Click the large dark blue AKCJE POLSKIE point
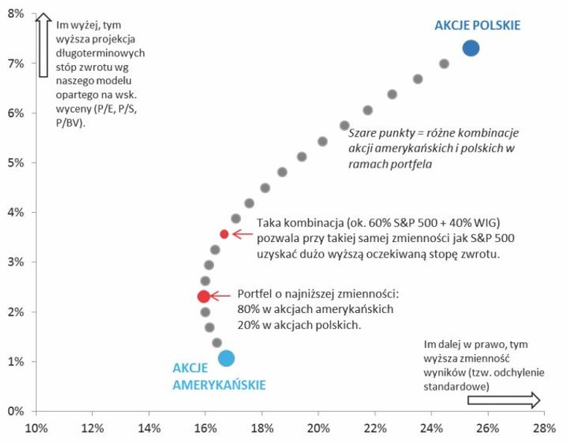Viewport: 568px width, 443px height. (470, 48)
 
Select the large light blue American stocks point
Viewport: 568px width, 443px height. (226, 359)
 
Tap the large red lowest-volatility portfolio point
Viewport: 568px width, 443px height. (203, 297)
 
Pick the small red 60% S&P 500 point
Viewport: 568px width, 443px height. (224, 235)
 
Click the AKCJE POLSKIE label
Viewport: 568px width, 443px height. (478, 25)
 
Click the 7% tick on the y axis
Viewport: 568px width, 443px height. (16, 63)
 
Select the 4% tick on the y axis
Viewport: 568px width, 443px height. (16, 212)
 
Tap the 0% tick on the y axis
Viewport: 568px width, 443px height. (16, 411)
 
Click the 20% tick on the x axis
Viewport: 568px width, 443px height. (318, 429)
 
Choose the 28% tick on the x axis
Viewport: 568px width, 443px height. (544, 429)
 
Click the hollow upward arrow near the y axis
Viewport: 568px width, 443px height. (44, 45)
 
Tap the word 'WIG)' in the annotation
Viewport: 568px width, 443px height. (483, 223)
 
